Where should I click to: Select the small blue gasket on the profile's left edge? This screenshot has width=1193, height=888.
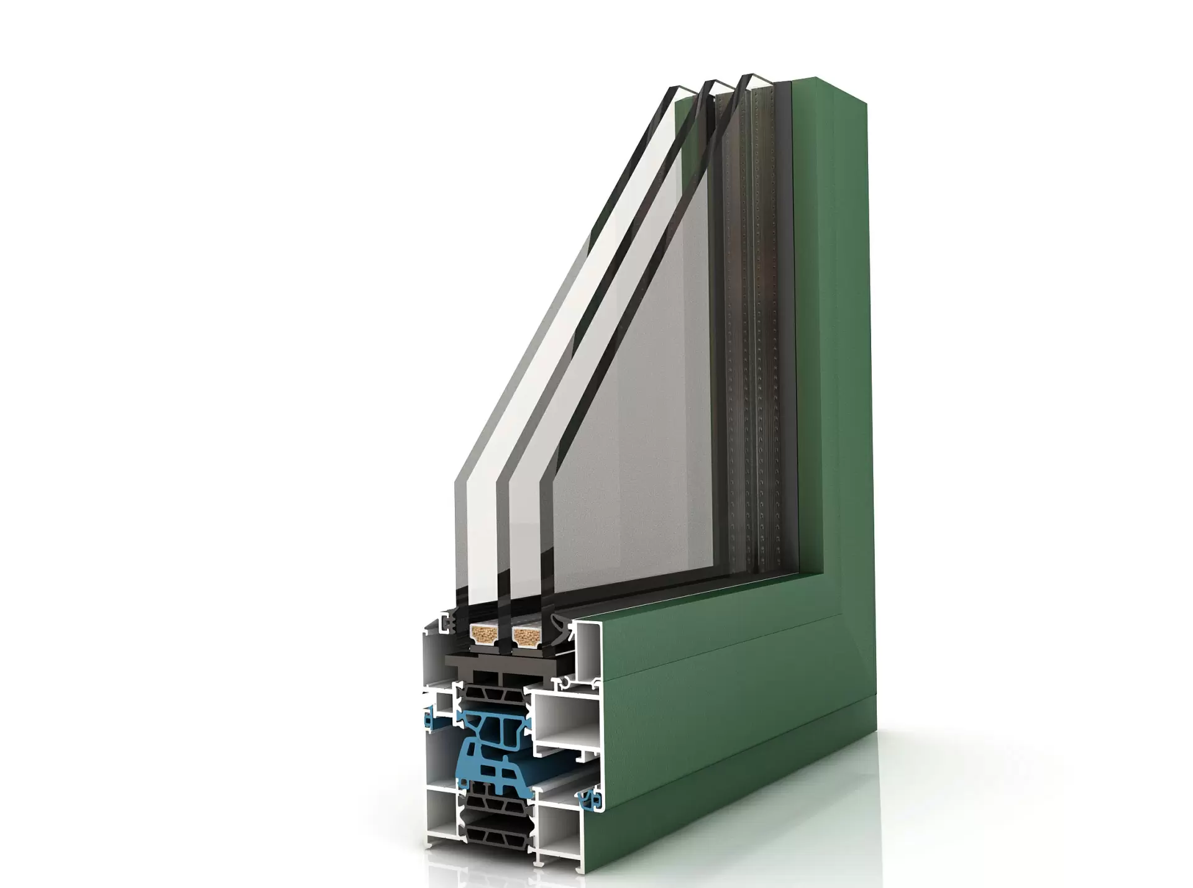click(x=429, y=720)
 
